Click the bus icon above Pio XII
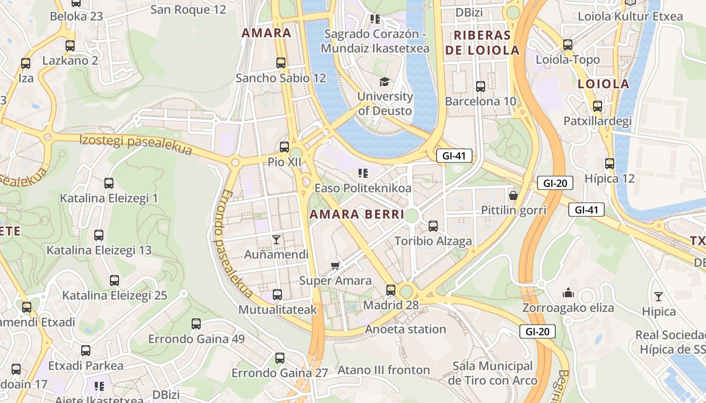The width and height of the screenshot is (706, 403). (x=284, y=147)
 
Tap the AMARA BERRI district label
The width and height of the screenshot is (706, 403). (x=357, y=215)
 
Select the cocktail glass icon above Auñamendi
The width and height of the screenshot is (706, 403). (x=276, y=239)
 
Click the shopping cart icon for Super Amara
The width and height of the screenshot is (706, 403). (x=335, y=265)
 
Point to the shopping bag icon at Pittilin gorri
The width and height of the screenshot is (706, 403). (x=513, y=195)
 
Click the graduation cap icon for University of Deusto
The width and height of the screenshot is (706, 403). (x=385, y=81)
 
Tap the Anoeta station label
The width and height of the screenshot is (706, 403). (x=405, y=329)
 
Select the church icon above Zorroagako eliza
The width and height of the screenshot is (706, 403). (x=568, y=293)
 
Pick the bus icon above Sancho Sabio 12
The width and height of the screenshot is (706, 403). (x=281, y=63)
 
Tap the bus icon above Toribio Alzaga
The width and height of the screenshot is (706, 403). (x=433, y=226)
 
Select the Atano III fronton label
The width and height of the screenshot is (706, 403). (x=383, y=370)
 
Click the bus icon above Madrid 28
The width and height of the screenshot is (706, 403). (x=391, y=290)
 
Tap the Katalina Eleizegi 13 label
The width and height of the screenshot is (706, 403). (x=99, y=250)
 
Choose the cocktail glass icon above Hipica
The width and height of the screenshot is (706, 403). (x=659, y=296)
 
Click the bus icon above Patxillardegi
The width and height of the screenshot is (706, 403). (x=598, y=106)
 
